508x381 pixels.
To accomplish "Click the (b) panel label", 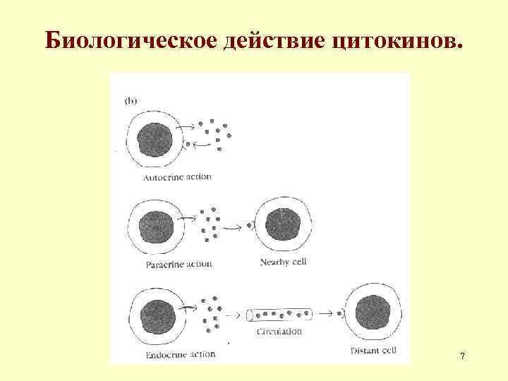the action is tap(132, 101).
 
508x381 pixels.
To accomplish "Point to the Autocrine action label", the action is tap(177, 177).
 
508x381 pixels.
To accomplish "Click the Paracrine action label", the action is tap(179, 265).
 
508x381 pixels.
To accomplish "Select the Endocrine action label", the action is tap(180, 354).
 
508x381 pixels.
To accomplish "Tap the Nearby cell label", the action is tap(284, 262).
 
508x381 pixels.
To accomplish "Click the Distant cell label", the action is tap(374, 350).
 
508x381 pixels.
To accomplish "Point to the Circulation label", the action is tap(279, 331).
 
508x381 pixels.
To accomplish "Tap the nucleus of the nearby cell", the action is tap(282, 224).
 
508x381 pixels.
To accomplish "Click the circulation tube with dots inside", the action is tap(279, 314).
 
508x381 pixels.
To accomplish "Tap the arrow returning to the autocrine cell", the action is tap(200, 144).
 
